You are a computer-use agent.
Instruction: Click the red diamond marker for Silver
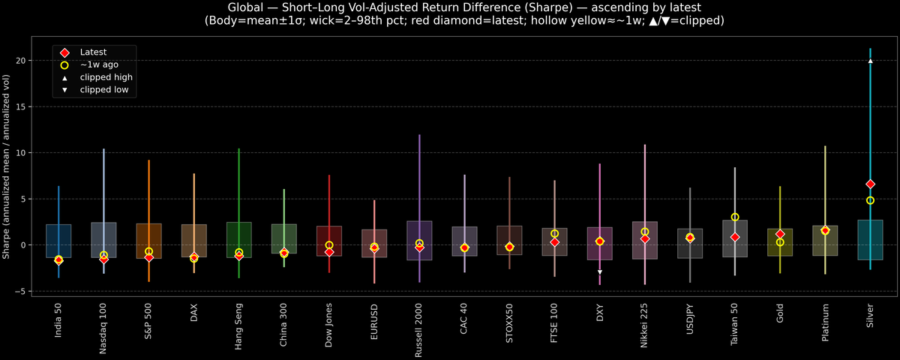[x=870, y=184]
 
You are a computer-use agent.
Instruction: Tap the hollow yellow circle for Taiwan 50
[x=735, y=217]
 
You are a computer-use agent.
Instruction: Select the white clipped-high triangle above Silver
[x=870, y=61]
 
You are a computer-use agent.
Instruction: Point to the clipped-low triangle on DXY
[x=600, y=272]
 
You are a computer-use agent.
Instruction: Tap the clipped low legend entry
[x=103, y=90]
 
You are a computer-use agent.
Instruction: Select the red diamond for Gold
[x=780, y=235]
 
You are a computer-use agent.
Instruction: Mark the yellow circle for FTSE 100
[x=554, y=234]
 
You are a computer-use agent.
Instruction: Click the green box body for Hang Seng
[x=238, y=240]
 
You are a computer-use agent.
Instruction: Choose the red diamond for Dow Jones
[x=329, y=252]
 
